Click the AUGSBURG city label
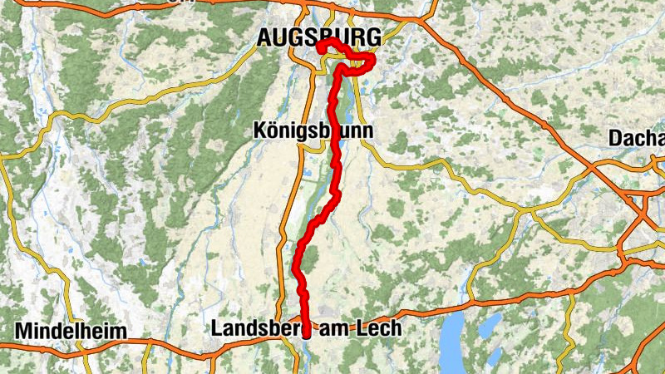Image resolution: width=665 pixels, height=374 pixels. (x=319, y=37)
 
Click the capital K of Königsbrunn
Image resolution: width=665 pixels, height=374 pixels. (x=258, y=131)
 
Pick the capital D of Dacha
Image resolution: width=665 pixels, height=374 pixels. (x=616, y=137)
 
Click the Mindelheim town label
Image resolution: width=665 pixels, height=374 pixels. (x=71, y=330)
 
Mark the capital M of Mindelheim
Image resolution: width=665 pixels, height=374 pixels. (x=22, y=330)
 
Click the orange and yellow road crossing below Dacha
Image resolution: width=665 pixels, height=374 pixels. (x=632, y=196)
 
